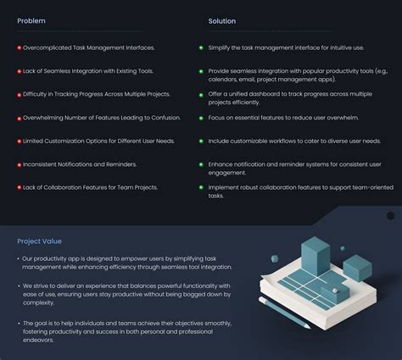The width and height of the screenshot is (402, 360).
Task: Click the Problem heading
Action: (x=31, y=21)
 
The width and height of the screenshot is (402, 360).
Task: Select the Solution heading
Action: (x=222, y=21)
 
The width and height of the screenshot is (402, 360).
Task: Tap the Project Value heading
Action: (x=39, y=241)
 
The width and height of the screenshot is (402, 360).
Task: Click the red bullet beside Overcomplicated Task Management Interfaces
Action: (x=20, y=48)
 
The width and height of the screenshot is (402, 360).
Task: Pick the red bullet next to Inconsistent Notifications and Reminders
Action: (x=20, y=165)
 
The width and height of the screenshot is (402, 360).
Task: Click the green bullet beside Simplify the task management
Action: (x=201, y=47)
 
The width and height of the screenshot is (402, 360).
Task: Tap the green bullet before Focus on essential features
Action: (x=201, y=118)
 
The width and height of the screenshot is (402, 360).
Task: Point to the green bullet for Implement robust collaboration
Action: (x=201, y=187)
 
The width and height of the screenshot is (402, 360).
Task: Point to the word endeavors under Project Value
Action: (x=38, y=340)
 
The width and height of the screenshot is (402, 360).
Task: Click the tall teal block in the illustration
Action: (x=315, y=256)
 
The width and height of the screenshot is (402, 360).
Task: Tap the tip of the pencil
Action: (x=310, y=328)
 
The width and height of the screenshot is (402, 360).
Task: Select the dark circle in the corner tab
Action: (x=390, y=216)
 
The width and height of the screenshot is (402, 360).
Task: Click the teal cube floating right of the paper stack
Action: (x=357, y=268)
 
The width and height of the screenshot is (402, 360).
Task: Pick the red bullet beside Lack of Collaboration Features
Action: (x=20, y=187)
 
